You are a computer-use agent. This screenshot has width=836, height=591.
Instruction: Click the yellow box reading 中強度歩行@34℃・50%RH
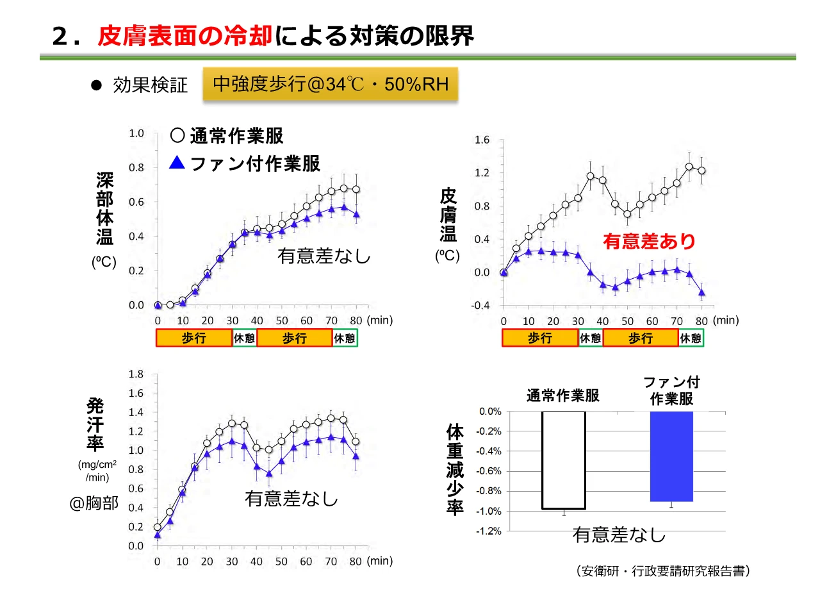[331, 85]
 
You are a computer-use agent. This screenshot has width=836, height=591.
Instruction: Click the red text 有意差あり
[649, 242]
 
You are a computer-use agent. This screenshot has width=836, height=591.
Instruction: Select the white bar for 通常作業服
[564, 460]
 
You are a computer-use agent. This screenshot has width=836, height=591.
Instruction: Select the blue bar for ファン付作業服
[671, 456]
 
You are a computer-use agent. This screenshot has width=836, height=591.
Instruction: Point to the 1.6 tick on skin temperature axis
[482, 140]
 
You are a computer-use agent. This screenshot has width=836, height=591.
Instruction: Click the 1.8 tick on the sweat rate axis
[136, 373]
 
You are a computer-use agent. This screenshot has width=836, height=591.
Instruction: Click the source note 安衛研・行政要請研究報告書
[663, 570]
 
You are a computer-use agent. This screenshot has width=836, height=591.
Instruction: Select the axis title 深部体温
[104, 208]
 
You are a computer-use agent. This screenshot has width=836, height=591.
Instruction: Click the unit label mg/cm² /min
[97, 470]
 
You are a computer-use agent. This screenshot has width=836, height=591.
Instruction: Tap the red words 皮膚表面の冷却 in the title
[185, 37]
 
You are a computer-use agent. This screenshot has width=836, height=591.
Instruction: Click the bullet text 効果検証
[151, 85]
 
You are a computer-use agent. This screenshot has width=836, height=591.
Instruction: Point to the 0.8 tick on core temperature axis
[136, 168]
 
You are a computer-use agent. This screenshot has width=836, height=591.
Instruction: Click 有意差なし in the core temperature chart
[324, 256]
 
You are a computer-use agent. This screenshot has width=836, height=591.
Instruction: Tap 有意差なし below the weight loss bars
[619, 535]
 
